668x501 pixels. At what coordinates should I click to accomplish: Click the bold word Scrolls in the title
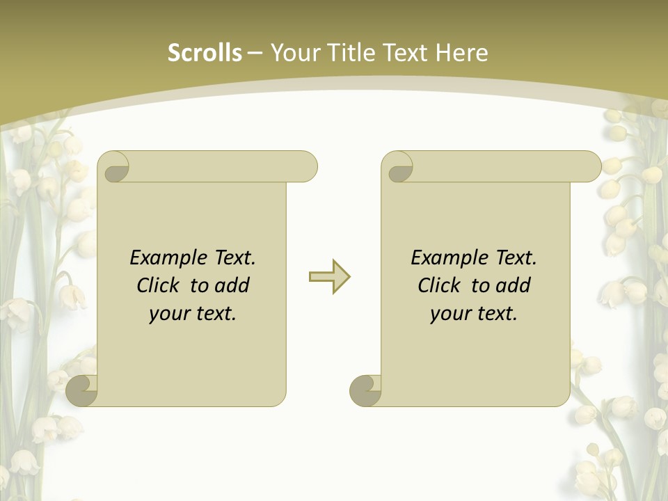tap(205, 53)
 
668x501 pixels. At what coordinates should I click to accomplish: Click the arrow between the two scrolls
tap(329, 277)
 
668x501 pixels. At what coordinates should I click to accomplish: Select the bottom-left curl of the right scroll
tap(366, 391)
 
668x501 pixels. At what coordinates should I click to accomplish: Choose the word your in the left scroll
tap(168, 315)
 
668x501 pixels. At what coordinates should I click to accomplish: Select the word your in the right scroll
tap(449, 315)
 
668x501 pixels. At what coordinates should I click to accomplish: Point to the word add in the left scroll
tap(232, 286)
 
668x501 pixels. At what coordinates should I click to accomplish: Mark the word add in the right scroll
tap(514, 286)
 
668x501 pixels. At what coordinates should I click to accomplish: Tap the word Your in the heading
tap(294, 53)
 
